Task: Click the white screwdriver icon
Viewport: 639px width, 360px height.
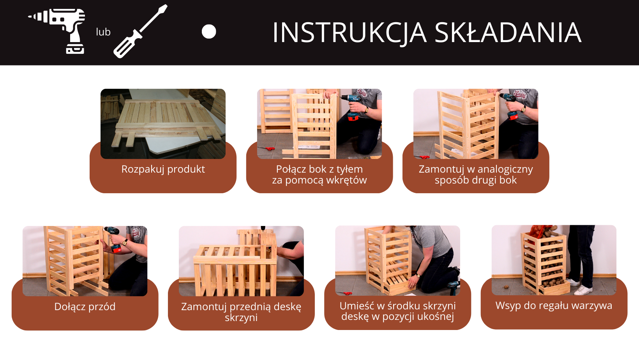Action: click(x=140, y=32)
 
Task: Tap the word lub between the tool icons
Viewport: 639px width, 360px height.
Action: click(x=103, y=32)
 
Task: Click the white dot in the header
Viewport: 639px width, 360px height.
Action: click(x=209, y=32)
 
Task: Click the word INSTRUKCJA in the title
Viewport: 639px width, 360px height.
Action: click(x=350, y=33)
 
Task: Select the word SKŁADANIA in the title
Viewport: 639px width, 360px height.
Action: click(x=508, y=32)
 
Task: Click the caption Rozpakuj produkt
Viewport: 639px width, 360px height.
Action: click(x=163, y=169)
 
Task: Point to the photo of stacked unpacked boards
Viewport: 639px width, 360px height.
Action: click(x=163, y=124)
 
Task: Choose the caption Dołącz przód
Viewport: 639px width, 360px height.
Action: click(x=85, y=307)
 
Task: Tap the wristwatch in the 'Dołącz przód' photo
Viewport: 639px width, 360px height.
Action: click(x=125, y=242)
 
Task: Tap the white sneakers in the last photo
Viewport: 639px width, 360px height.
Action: click(x=578, y=287)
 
